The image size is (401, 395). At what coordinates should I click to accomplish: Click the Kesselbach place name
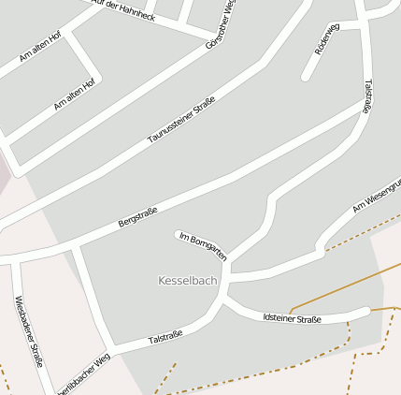[x=188, y=281]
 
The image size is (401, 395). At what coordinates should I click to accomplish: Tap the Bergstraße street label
[x=137, y=217]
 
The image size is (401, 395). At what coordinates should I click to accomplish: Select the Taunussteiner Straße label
[x=181, y=120]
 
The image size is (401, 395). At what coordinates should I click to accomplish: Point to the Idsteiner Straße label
[x=292, y=319]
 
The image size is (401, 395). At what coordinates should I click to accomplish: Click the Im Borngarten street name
[x=202, y=245]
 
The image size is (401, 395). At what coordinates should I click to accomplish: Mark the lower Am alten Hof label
[x=74, y=95]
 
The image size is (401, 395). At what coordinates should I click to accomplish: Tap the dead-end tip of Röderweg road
[x=304, y=77]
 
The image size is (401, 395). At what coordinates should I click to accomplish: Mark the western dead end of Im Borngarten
[x=178, y=234]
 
